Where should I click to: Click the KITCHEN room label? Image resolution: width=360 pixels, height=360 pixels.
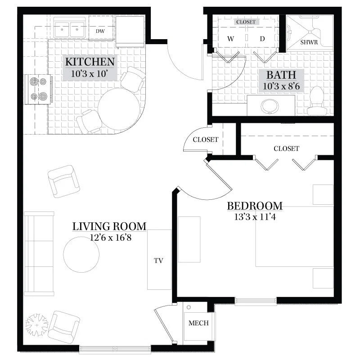90,62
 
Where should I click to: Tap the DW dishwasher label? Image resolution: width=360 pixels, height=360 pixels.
100,31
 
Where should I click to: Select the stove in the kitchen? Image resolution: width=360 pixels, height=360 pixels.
39,89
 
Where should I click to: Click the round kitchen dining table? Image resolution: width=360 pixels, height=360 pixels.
119,109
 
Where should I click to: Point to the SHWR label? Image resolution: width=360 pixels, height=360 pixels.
309,42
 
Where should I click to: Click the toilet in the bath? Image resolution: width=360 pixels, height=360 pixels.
317,101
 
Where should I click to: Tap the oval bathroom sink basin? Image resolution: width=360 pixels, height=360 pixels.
270,106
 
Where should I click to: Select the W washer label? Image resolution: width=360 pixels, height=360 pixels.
230,39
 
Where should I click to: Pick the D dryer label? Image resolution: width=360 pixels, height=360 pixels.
262,39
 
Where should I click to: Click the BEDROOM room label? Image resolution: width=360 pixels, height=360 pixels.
255,206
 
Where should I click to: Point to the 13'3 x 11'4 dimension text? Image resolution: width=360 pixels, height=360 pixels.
255,217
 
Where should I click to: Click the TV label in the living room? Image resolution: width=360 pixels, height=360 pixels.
159,261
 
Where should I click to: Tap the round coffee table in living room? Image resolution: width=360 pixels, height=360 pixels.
81,254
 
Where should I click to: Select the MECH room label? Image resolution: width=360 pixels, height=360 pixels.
198,323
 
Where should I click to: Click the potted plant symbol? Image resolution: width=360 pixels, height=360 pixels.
37,325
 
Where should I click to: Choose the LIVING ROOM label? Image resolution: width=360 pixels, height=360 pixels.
109,226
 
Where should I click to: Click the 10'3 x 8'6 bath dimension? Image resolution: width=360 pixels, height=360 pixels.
281,86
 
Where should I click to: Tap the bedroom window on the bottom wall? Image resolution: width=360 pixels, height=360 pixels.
256,301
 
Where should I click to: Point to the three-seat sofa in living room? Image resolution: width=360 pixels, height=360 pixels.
39,254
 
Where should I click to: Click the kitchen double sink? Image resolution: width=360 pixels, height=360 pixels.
69,30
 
